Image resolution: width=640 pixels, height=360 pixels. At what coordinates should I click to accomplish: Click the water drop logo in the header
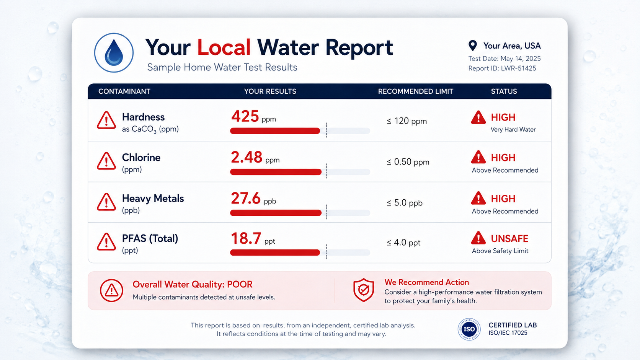click(x=114, y=53)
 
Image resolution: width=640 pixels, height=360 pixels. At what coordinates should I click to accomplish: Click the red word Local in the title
click(x=224, y=47)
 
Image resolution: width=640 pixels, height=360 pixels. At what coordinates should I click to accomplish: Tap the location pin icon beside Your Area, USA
click(x=473, y=46)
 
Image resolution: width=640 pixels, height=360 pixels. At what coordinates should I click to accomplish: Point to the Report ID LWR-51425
click(x=502, y=68)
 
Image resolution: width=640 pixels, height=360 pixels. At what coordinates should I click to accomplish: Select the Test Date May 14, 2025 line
click(x=504, y=59)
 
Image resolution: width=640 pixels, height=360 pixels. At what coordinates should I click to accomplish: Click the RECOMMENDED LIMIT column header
click(x=415, y=91)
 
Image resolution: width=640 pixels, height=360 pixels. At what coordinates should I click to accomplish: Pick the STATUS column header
click(x=504, y=91)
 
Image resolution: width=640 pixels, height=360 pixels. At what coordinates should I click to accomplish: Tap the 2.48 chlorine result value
click(x=255, y=157)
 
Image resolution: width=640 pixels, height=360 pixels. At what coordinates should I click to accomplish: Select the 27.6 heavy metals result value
click(x=253, y=199)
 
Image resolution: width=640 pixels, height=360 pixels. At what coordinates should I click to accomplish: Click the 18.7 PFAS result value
click(x=253, y=238)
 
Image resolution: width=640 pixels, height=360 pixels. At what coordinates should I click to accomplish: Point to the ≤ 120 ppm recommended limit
click(x=407, y=121)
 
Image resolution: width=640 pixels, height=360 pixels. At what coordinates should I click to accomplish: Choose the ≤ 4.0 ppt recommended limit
click(x=403, y=243)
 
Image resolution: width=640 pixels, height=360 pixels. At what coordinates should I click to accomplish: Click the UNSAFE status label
click(x=509, y=239)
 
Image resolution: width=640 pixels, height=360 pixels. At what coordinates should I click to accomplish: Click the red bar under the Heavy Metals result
click(x=276, y=213)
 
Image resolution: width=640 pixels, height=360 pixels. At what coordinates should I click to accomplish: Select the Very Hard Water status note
click(x=513, y=130)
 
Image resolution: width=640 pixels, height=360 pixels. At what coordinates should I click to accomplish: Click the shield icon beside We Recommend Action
click(x=363, y=290)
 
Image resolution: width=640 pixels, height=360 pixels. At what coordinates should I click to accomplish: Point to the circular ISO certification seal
click(x=469, y=329)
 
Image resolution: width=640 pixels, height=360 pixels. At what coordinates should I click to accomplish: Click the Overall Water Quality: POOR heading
click(x=192, y=285)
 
